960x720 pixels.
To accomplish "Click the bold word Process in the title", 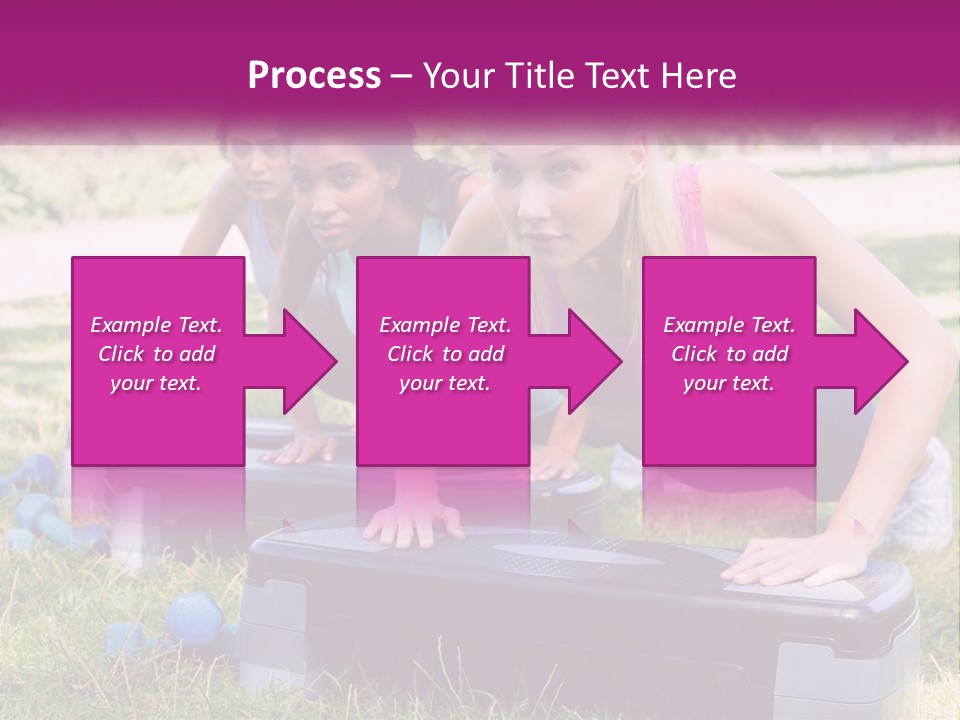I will pyautogui.click(x=313, y=76).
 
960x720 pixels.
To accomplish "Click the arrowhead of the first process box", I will pyautogui.click(x=310, y=361).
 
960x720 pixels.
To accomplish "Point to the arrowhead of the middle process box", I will pyautogui.click(x=595, y=361).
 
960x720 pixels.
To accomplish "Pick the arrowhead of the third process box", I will pyautogui.click(x=881, y=361).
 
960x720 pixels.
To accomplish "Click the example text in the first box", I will pyautogui.click(x=156, y=354).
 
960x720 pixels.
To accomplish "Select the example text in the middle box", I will pyautogui.click(x=444, y=354).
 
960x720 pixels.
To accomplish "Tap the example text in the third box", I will pyautogui.click(x=729, y=354).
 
